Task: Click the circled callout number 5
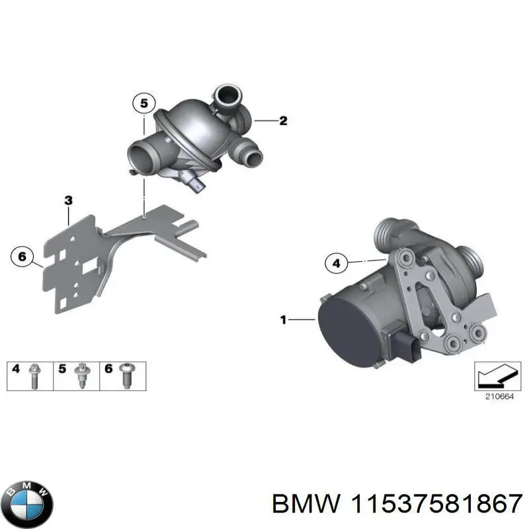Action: click(144, 103)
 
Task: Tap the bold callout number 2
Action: click(283, 120)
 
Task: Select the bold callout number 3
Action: click(68, 200)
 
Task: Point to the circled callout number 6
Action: click(22, 256)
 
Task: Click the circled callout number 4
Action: click(336, 264)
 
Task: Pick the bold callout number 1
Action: click(283, 321)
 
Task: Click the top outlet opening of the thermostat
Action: click(227, 97)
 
